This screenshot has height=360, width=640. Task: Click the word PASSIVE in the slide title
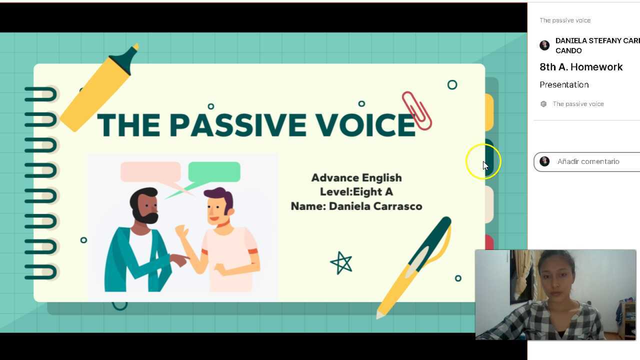click(237, 125)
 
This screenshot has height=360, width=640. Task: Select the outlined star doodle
click(341, 263)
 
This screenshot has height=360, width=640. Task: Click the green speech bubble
click(214, 172)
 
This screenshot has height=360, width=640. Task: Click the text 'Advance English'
click(356, 178)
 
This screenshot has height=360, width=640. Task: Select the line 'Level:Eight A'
click(356, 192)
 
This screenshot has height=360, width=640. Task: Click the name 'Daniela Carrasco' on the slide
click(375, 206)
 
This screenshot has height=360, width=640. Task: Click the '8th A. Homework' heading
click(581, 67)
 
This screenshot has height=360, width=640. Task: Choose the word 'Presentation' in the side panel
click(564, 84)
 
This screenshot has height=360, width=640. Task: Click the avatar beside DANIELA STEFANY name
click(544, 45)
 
